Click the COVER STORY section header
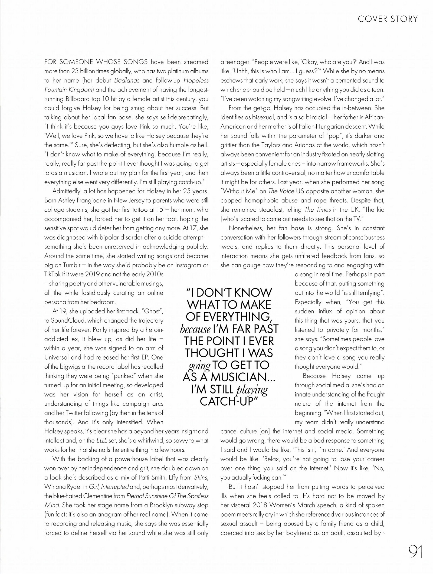pos(388,19)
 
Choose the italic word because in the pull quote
pos(195,329)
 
